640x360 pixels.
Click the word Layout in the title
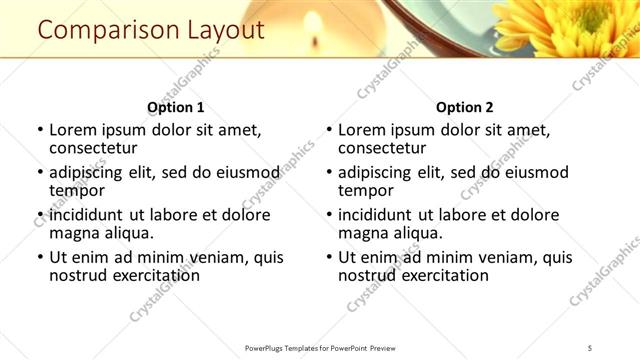(225, 31)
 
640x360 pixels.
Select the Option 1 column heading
(175, 107)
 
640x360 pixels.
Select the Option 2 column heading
(464, 107)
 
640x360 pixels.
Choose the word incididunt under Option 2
(382, 215)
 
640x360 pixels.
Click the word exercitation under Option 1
(148, 275)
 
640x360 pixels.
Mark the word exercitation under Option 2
(437, 275)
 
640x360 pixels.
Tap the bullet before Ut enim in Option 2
(328, 257)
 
